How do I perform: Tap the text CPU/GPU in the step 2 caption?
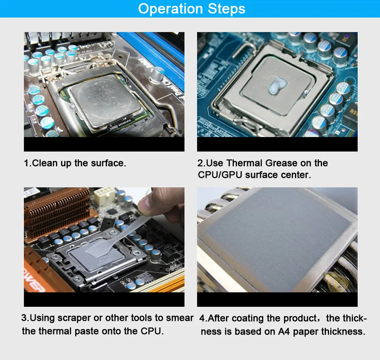click(220, 175)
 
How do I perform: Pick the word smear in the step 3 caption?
click(180, 318)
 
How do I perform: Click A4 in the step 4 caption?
click(284, 331)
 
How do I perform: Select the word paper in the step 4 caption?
click(306, 331)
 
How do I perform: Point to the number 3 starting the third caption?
click(24, 318)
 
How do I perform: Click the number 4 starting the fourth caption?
click(202, 318)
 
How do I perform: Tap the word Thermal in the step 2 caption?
click(244, 163)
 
